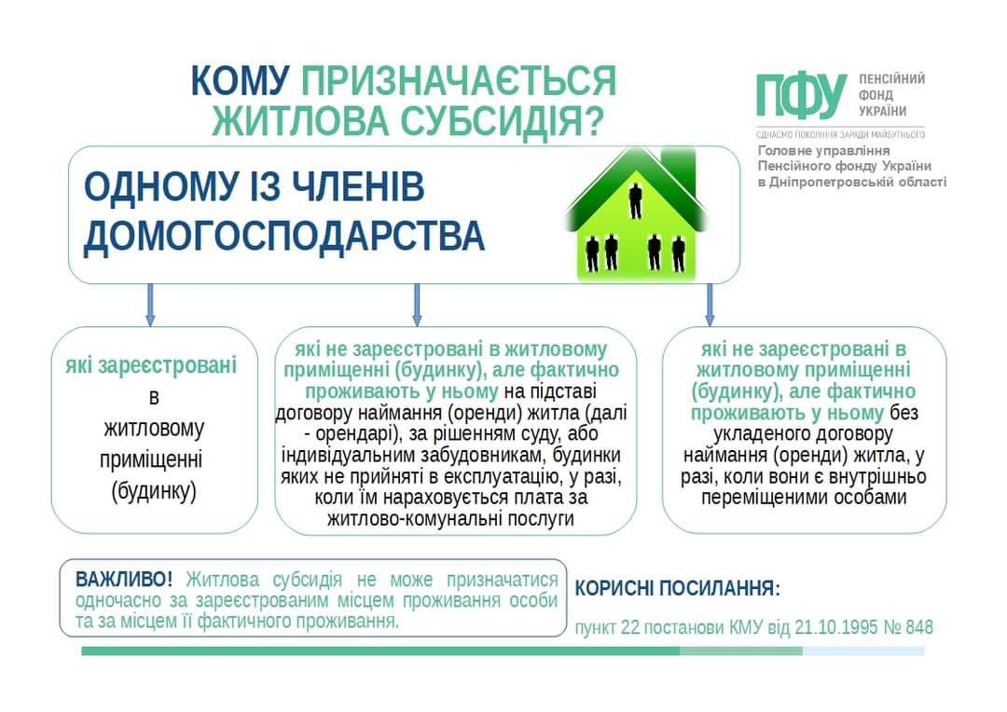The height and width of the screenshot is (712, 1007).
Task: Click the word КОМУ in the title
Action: tap(241, 81)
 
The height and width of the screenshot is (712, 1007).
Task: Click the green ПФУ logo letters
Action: tap(801, 96)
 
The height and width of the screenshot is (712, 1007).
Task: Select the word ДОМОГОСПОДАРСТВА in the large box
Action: tap(284, 237)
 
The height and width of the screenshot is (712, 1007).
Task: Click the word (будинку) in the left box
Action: tap(154, 491)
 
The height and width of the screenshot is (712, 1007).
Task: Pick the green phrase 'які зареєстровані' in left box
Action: tap(151, 365)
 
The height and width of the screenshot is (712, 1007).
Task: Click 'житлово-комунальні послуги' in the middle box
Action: tap(450, 519)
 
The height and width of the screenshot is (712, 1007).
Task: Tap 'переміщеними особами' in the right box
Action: tap(805, 498)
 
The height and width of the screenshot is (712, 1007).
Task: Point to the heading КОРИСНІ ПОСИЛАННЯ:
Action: tap(678, 589)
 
